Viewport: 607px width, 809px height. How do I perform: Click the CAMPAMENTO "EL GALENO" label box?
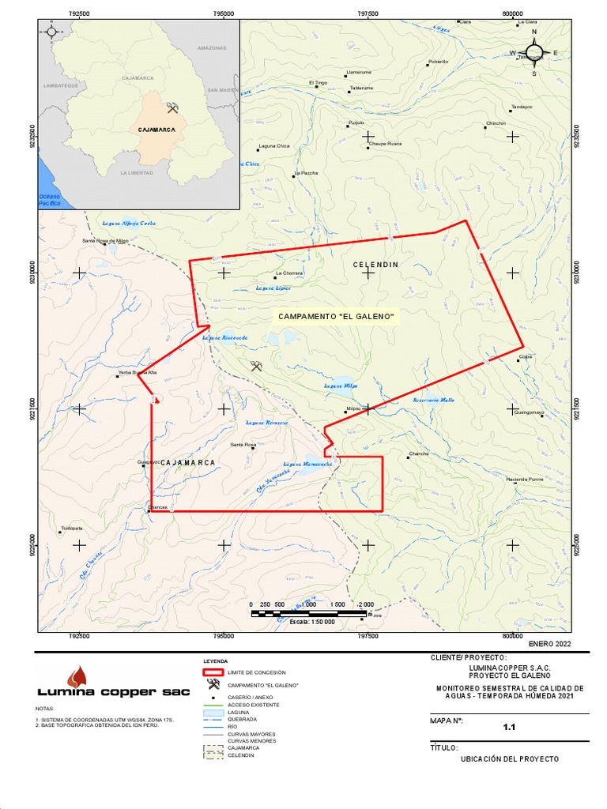coord(334,316)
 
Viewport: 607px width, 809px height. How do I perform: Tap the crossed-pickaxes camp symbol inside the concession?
coord(256,366)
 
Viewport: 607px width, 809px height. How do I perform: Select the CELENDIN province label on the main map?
coord(375,264)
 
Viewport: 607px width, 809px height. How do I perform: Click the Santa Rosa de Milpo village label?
coord(105,240)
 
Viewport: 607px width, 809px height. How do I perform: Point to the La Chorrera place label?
coord(288,273)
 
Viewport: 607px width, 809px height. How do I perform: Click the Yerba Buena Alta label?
coord(138,371)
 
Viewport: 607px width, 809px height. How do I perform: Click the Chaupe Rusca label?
coord(386,144)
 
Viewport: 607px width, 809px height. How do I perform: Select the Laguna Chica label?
coord(274,146)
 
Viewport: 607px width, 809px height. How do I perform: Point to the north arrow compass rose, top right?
coord(534,53)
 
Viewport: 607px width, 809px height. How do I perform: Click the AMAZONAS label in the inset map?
coord(212,48)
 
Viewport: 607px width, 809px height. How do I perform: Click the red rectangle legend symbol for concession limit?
coord(213,672)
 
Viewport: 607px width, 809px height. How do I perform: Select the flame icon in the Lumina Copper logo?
coord(77,676)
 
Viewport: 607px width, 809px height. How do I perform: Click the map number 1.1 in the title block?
coord(509,728)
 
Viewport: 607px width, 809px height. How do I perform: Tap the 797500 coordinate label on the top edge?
coord(368,13)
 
